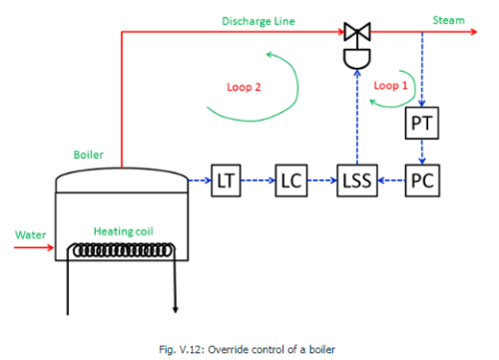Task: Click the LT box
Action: click(226, 182)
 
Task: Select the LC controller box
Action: click(289, 182)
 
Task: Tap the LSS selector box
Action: click(354, 182)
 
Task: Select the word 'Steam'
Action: click(447, 20)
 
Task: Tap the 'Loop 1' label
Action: click(390, 86)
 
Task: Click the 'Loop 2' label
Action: click(243, 87)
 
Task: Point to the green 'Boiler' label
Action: click(88, 156)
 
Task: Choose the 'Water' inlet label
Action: click(29, 235)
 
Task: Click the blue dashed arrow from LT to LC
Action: click(256, 182)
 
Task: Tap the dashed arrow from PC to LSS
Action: click(388, 182)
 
